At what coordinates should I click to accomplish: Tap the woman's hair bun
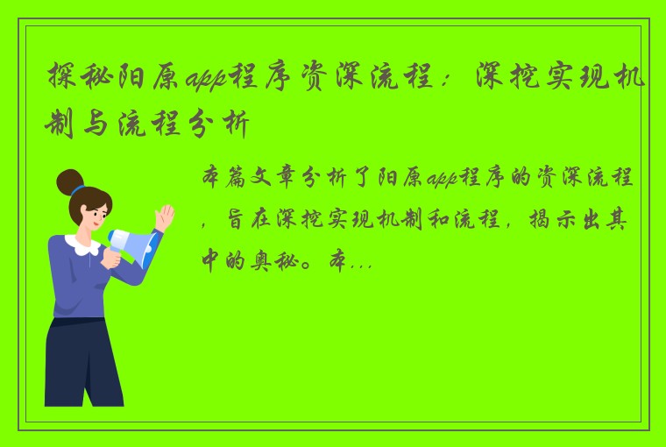(69, 181)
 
